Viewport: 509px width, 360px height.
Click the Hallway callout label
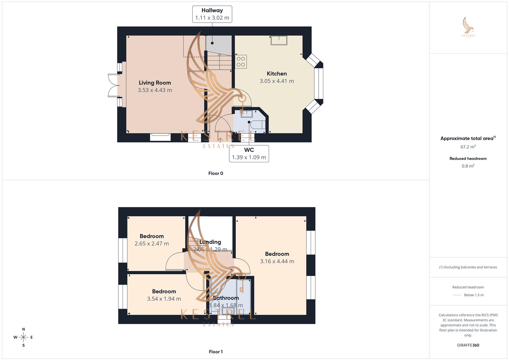212,14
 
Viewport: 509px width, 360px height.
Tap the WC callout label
249,153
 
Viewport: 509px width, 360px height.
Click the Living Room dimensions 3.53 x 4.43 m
155,90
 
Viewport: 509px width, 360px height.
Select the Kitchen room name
277,74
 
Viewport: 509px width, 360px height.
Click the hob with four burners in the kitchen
241,62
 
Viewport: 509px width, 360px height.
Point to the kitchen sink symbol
279,40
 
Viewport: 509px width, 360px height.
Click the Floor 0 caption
216,173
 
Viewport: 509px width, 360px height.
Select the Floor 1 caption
216,352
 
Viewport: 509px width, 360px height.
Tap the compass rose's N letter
23,329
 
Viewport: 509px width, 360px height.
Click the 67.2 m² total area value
468,147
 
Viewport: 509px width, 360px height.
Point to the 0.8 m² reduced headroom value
468,166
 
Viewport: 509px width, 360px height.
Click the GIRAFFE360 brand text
468,345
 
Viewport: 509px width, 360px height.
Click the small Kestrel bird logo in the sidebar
468,27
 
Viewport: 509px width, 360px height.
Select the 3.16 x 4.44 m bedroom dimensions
277,261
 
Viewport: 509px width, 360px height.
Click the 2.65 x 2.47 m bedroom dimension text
152,244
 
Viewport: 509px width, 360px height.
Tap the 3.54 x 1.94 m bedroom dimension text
164,299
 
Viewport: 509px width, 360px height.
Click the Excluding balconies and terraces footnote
468,267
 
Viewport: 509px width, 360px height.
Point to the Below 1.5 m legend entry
474,295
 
